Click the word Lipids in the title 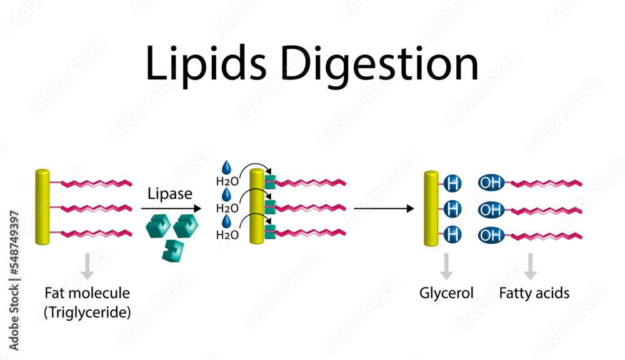(204, 64)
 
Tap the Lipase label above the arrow (170, 194)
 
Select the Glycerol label (446, 292)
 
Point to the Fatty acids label (534, 292)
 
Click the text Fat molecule (87, 292)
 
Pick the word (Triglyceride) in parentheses (87, 312)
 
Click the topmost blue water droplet (227, 167)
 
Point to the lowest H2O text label (226, 235)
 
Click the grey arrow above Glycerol (446, 266)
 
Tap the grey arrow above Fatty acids (530, 266)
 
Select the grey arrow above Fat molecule (87, 266)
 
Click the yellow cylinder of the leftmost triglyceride (42, 207)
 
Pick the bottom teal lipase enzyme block (168, 249)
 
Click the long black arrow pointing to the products (382, 208)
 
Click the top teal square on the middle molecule (270, 183)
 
